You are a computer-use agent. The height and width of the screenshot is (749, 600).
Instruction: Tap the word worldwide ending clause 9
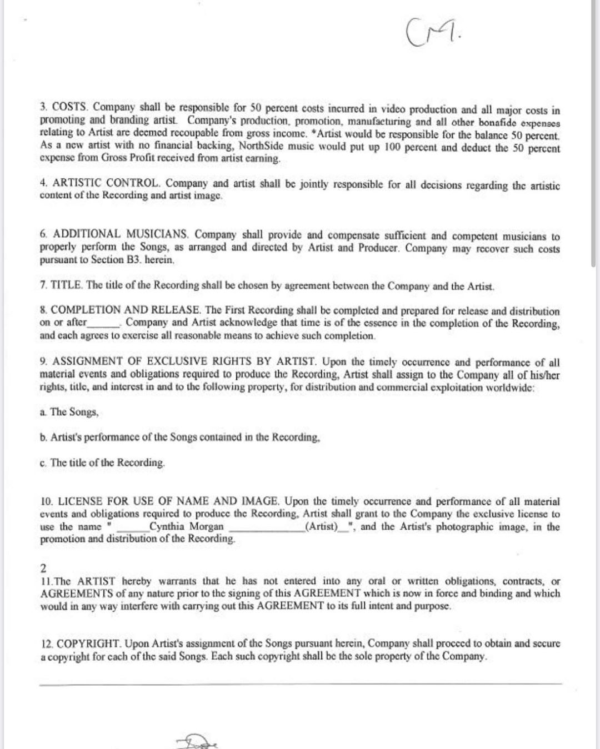510,387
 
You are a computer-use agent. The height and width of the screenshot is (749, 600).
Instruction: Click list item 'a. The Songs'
69,412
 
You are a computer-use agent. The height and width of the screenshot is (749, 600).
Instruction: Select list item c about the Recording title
102,463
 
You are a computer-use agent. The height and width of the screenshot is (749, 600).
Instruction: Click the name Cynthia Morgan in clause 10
186,526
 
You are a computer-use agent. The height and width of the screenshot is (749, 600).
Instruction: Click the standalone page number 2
44,568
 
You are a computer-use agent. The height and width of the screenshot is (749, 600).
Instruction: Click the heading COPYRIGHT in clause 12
88,644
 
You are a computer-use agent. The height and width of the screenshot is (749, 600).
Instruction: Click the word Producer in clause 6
377,248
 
